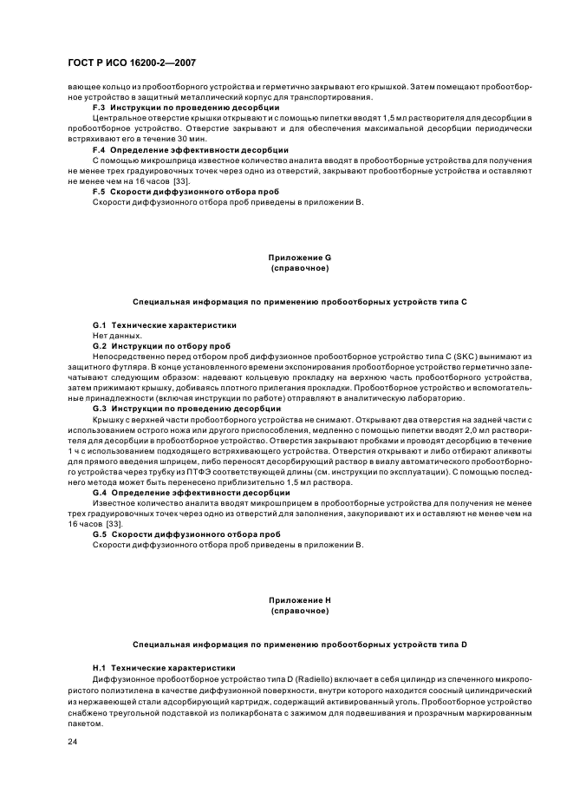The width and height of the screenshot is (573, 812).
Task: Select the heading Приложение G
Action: click(x=299, y=258)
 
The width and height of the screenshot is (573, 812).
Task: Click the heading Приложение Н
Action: click(x=299, y=600)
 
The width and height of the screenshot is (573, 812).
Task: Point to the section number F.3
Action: click(x=99, y=107)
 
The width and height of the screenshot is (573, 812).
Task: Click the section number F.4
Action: click(x=99, y=150)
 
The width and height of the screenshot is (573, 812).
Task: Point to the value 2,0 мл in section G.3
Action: click(x=472, y=429)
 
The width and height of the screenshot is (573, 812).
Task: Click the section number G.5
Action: click(x=100, y=534)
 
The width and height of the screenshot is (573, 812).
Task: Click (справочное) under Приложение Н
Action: click(x=299, y=611)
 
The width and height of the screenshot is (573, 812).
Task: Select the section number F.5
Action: click(x=99, y=192)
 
